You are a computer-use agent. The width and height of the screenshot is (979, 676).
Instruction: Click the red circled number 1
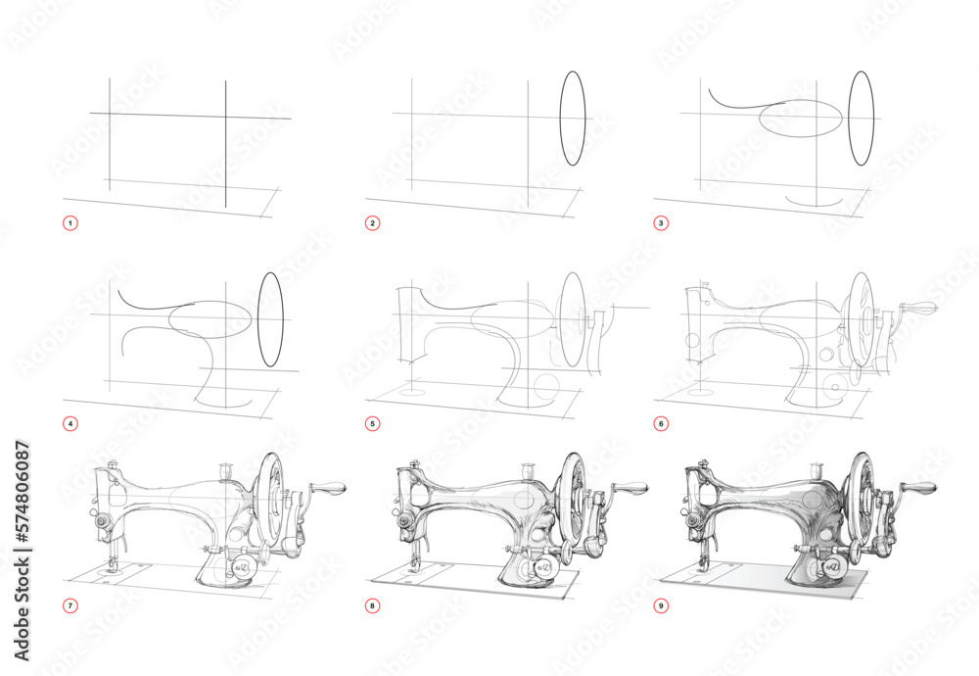70,223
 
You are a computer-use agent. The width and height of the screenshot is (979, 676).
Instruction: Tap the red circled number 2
372,223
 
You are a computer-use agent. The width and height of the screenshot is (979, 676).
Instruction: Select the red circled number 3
662,223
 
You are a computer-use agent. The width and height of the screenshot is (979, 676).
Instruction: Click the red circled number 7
70,605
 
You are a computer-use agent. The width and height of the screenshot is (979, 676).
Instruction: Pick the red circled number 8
372,605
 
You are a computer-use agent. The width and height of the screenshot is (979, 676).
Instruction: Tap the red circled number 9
662,605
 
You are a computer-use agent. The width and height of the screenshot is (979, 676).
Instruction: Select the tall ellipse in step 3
862,118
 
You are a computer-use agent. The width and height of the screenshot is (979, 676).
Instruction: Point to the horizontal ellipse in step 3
801,119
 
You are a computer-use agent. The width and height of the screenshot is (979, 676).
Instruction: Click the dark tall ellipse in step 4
270,321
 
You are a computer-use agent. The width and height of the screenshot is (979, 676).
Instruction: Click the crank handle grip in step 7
330,489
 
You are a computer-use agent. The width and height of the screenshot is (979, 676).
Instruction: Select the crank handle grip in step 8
631,488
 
